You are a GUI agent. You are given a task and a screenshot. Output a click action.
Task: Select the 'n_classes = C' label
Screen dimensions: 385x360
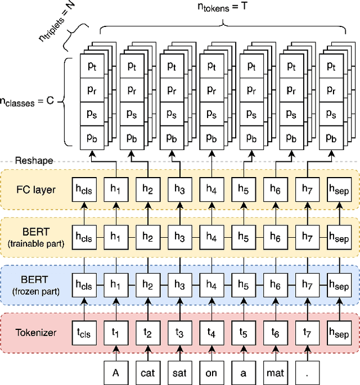[x=29, y=103]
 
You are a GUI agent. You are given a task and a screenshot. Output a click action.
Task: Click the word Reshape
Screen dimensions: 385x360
[x=34, y=161]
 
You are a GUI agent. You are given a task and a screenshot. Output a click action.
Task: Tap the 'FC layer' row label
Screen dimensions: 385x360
[x=35, y=189]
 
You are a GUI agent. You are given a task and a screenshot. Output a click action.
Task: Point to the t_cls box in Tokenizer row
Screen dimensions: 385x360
[x=83, y=332]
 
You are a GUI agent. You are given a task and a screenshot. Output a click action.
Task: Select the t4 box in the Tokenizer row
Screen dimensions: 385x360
[x=211, y=332]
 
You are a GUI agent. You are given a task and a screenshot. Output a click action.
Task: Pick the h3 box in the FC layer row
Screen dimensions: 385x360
[x=179, y=189]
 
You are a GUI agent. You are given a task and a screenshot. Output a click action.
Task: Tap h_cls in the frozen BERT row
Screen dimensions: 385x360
[x=83, y=285]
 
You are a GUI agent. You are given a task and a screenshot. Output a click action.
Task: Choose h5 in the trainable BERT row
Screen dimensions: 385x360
[x=244, y=237]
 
